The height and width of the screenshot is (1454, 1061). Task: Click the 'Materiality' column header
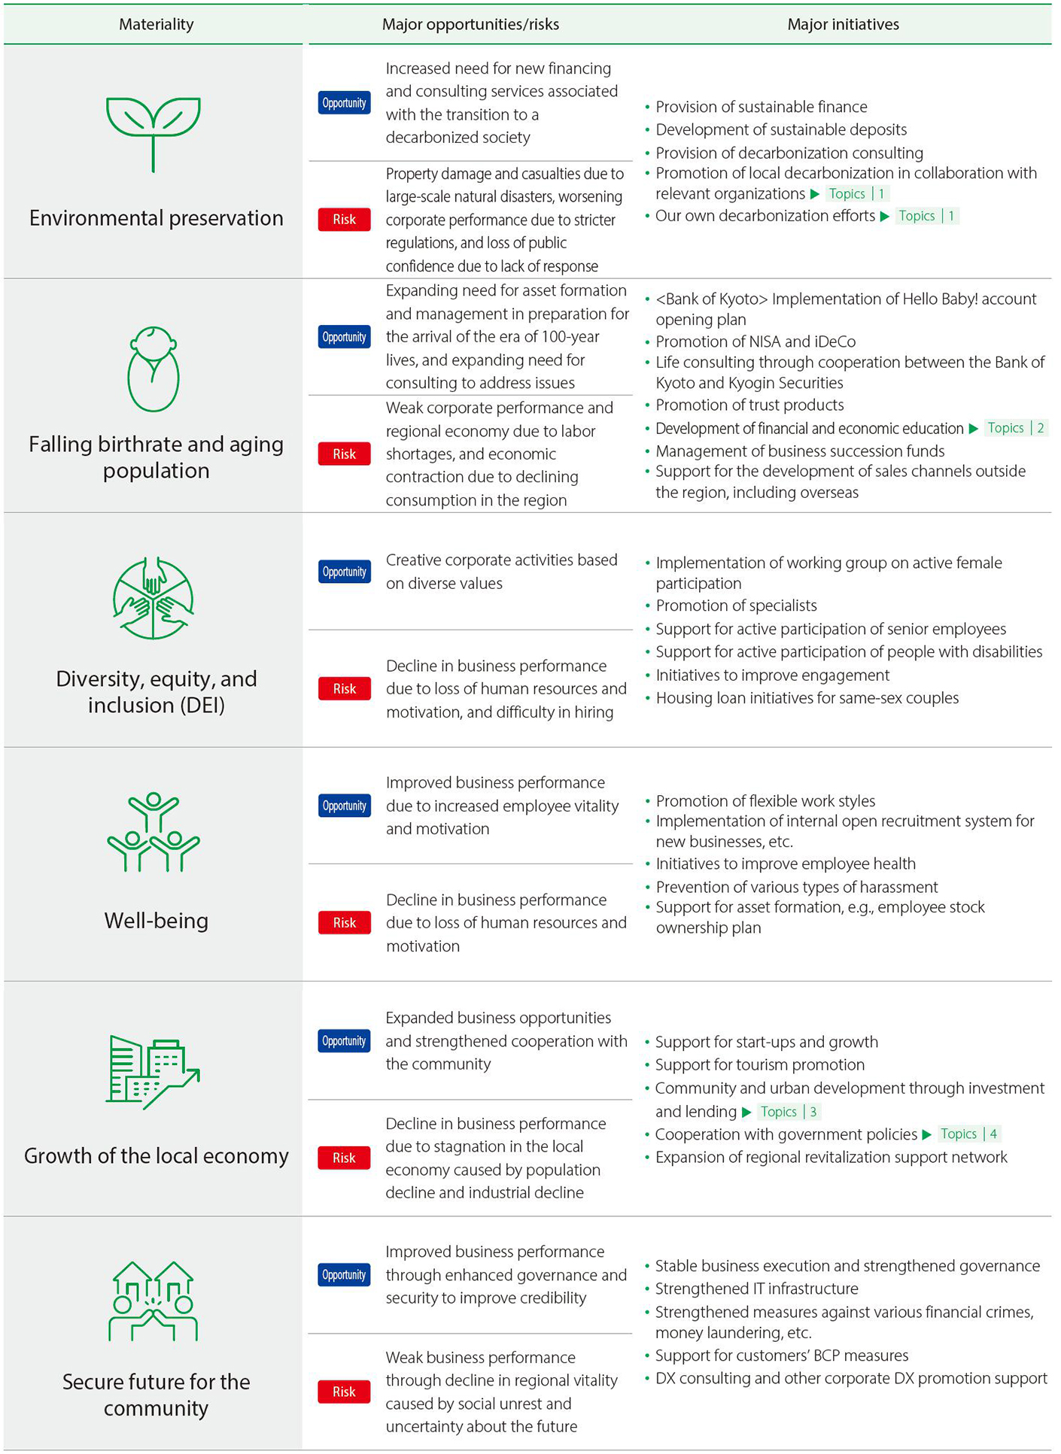pos(156,24)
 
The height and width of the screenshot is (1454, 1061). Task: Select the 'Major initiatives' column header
pos(843,24)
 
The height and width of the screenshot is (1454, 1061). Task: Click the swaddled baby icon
pos(154,369)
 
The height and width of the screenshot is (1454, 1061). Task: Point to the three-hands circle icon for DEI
pos(154,599)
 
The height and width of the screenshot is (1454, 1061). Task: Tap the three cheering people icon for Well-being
pos(154,832)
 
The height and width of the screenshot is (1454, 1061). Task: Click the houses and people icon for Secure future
pos(154,1301)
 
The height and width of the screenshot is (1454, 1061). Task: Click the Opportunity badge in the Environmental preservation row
pos(344,103)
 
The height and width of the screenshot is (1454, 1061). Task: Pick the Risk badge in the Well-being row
pos(344,923)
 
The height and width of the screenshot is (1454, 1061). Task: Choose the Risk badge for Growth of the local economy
pos(344,1158)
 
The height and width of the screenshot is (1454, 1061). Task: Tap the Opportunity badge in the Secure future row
pos(344,1275)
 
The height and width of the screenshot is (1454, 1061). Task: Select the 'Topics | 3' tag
pos(788,1112)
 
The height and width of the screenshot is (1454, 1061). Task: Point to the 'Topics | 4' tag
pos(969,1134)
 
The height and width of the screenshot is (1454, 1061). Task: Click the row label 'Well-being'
pos(156,921)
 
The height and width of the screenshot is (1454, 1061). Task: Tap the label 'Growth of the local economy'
pos(156,1156)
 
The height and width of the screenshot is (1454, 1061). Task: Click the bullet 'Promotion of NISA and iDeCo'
pos(755,341)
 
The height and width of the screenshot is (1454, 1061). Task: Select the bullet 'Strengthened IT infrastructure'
pos(756,1289)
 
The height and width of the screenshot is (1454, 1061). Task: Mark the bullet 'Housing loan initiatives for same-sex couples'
pos(807,698)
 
